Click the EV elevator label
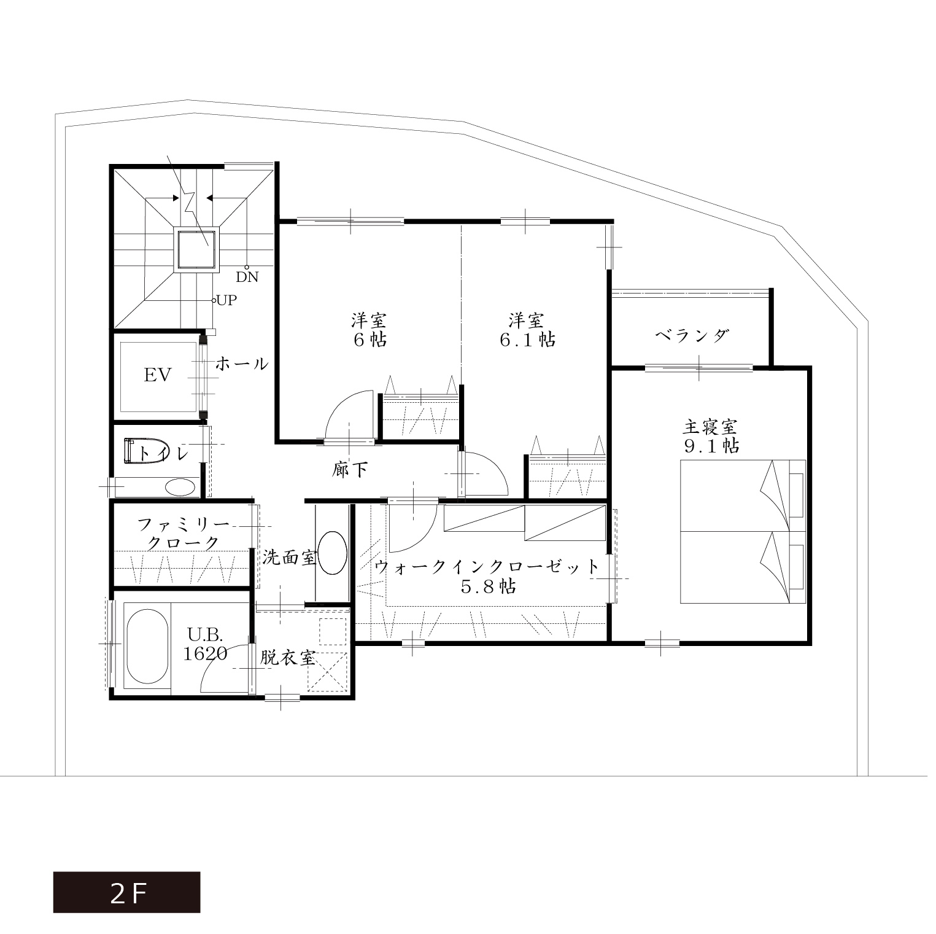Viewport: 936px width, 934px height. tap(158, 375)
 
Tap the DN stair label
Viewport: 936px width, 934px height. tap(247, 277)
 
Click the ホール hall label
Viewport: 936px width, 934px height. tap(242, 364)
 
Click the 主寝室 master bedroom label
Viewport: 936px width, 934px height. tap(710, 426)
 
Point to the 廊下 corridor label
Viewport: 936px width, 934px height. tap(350, 470)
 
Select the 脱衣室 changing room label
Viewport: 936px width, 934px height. tap(288, 658)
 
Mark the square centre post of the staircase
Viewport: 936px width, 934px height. tap(197, 249)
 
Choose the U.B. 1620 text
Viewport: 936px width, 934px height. tap(206, 644)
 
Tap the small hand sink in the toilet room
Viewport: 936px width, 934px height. tap(181, 488)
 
